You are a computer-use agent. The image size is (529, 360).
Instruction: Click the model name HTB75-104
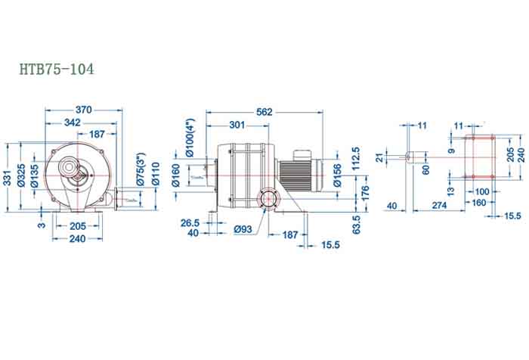point(57,70)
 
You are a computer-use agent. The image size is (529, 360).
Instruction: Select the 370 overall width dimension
point(83,110)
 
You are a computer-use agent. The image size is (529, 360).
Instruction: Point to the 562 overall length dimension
point(264,111)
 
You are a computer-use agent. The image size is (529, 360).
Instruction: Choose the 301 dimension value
point(237,124)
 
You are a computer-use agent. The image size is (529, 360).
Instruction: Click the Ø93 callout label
point(242,229)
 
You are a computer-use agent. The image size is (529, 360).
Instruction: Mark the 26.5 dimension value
point(190,223)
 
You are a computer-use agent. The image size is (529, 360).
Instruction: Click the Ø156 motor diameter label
point(337,175)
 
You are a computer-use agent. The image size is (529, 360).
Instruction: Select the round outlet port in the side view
point(266,200)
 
